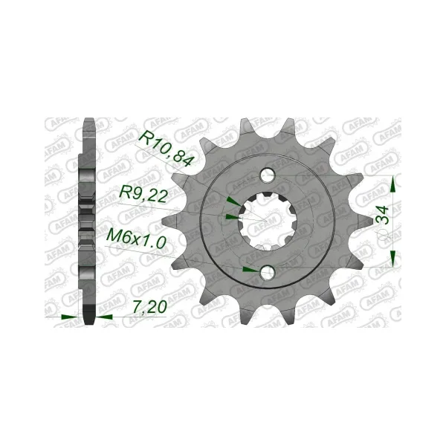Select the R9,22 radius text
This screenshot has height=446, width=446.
pos(143,194)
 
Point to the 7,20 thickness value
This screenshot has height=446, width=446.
pos(149,307)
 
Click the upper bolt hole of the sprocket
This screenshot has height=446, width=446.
pos(268,175)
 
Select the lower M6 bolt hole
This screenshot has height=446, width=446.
pos(268,272)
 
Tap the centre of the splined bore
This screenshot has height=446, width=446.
pos(268,221)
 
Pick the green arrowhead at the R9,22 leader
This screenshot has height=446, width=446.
pos(232,217)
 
